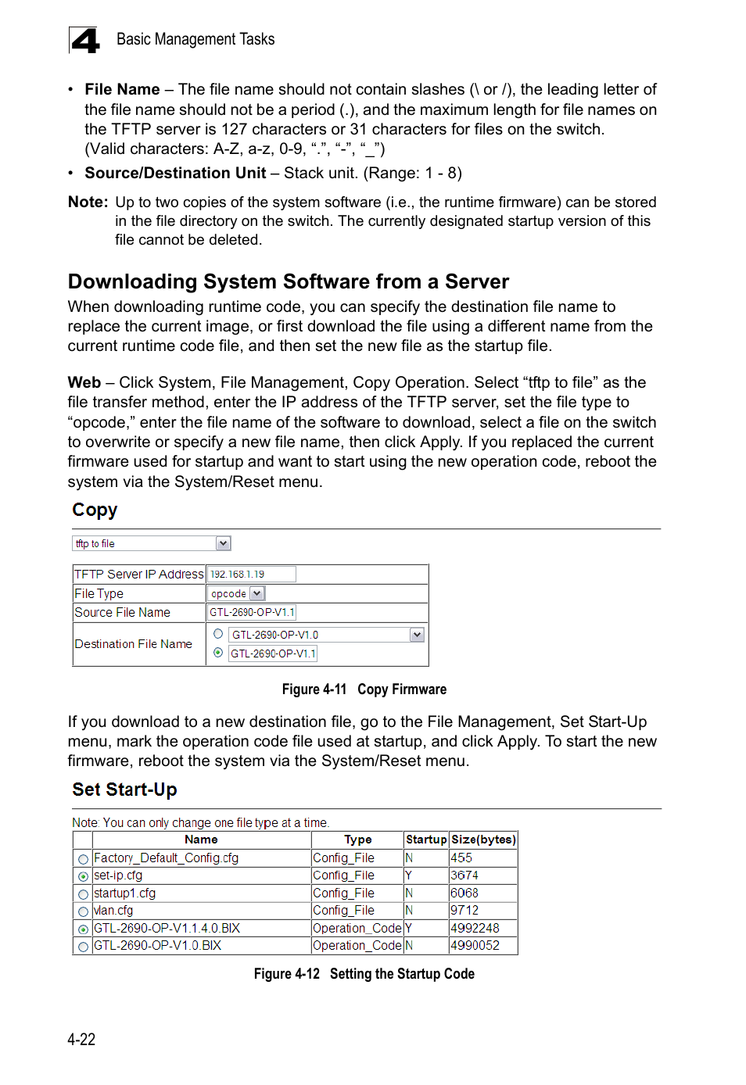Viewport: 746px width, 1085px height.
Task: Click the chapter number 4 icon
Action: pyautogui.click(x=84, y=41)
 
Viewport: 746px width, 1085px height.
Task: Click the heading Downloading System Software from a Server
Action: pyautogui.click(x=288, y=281)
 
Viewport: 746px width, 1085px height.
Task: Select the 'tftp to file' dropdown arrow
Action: pyautogui.click(x=223, y=543)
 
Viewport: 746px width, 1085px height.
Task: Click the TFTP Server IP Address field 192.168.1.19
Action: pyautogui.click(x=251, y=575)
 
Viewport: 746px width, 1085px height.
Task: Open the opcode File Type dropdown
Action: pyautogui.click(x=256, y=594)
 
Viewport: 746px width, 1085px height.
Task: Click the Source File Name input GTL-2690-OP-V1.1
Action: pyautogui.click(x=252, y=613)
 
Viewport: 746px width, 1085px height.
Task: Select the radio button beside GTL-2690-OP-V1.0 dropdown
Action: pyautogui.click(x=218, y=634)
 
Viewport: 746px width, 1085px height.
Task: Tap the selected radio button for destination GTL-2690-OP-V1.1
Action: pyautogui.click(x=218, y=653)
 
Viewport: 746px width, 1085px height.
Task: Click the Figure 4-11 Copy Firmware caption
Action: pyautogui.click(x=364, y=689)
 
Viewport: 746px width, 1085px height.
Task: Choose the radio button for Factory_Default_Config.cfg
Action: pyautogui.click(x=83, y=859)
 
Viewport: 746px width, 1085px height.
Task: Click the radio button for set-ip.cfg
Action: pyautogui.click(x=83, y=876)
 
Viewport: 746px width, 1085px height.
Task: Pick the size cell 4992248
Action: pyautogui.click(x=475, y=928)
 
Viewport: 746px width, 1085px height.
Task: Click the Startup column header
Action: pyautogui.click(x=425, y=840)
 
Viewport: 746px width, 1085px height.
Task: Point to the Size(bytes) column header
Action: pyautogui.click(x=483, y=840)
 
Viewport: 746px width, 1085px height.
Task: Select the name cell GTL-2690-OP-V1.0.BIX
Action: pyautogui.click(x=158, y=946)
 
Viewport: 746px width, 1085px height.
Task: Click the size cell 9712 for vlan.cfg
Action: pyautogui.click(x=464, y=911)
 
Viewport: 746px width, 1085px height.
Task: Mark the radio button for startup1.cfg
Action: pyautogui.click(x=83, y=894)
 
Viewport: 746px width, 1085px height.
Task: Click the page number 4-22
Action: pyautogui.click(x=81, y=1040)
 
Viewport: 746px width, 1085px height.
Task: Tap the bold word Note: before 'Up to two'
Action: pyautogui.click(x=88, y=202)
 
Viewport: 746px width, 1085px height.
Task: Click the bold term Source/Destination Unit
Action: pyautogui.click(x=175, y=174)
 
